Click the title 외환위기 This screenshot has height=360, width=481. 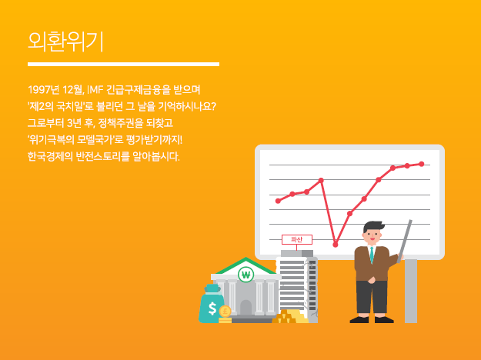tap(65, 42)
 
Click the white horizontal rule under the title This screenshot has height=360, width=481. tap(123, 64)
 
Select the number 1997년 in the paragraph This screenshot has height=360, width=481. tap(44, 90)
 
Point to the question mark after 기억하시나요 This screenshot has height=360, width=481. tap(213, 106)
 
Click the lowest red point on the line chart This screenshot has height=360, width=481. tap(336, 245)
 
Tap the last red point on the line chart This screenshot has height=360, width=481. tap(422, 164)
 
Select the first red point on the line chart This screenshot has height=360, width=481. tap(279, 201)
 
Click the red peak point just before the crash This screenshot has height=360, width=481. tap(321, 180)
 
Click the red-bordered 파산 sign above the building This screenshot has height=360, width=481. tap(297, 239)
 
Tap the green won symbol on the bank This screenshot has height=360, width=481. tap(246, 275)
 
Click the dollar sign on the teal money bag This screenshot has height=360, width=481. tap(212, 308)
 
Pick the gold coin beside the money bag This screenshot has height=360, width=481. tap(225, 312)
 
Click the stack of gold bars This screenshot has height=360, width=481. tap(290, 316)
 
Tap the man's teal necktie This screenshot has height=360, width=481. tap(372, 255)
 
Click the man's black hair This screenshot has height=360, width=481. tap(373, 227)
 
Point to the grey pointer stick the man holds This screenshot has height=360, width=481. tap(405, 241)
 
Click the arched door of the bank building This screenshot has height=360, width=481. tap(246, 307)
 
